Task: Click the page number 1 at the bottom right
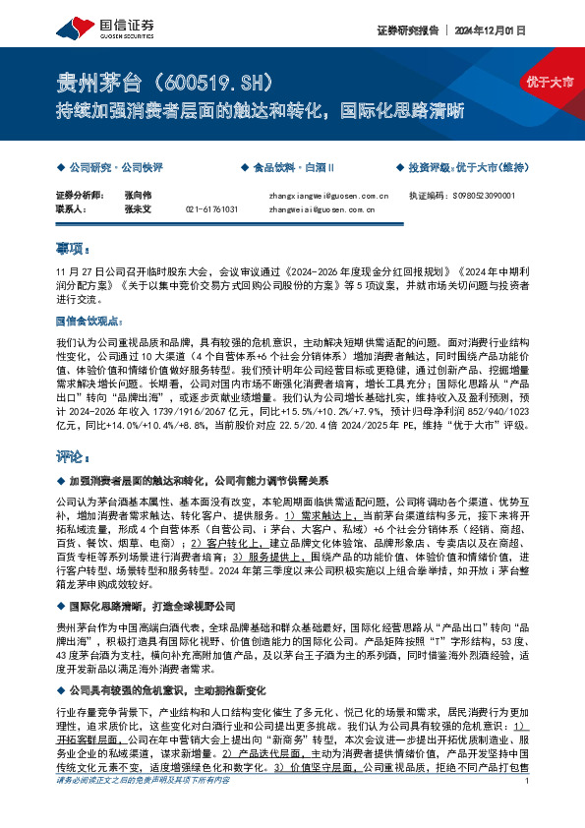(x=528, y=808)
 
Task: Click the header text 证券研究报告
(x=405, y=30)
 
